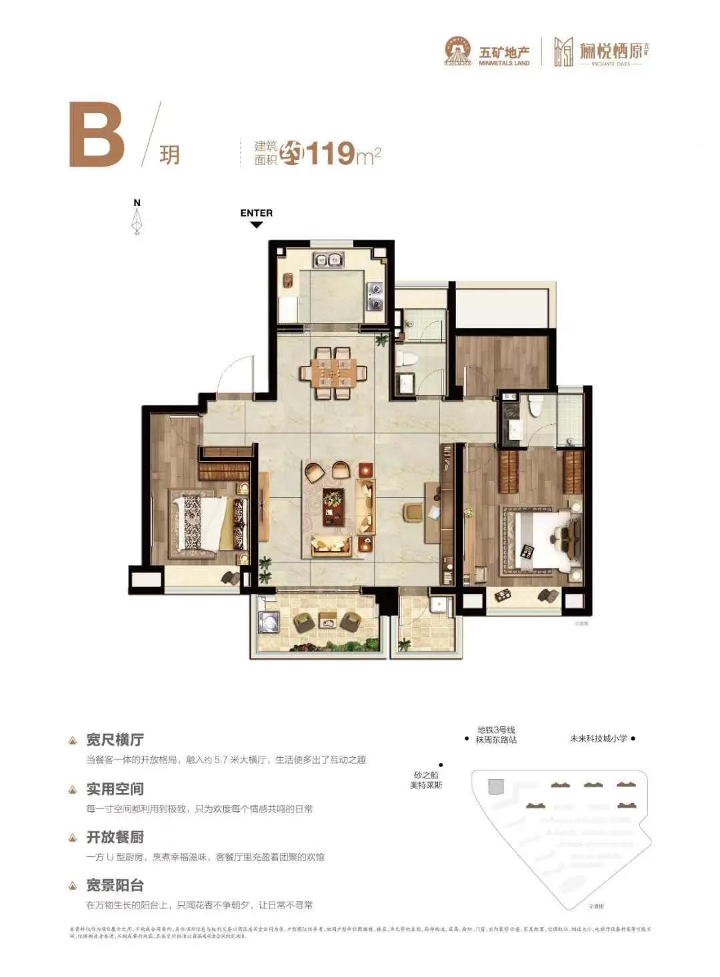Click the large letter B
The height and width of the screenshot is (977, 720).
97,134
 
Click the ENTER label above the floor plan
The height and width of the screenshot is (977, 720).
256,213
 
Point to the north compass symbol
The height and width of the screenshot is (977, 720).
137,219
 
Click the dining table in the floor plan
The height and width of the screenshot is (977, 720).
333,373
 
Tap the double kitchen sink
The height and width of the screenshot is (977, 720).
328,260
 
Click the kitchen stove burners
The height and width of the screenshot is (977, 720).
375,296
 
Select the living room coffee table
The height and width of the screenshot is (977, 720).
333,506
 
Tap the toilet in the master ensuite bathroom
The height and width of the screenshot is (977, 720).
535,405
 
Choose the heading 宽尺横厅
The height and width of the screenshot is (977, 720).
115,740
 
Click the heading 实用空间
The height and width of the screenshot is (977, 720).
115,789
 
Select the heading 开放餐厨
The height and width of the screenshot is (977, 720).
115,837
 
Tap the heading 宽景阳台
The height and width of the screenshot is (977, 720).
115,885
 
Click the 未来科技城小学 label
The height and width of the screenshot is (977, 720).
598,738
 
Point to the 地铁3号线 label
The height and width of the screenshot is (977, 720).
496,730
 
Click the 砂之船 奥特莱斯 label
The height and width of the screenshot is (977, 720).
426,780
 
